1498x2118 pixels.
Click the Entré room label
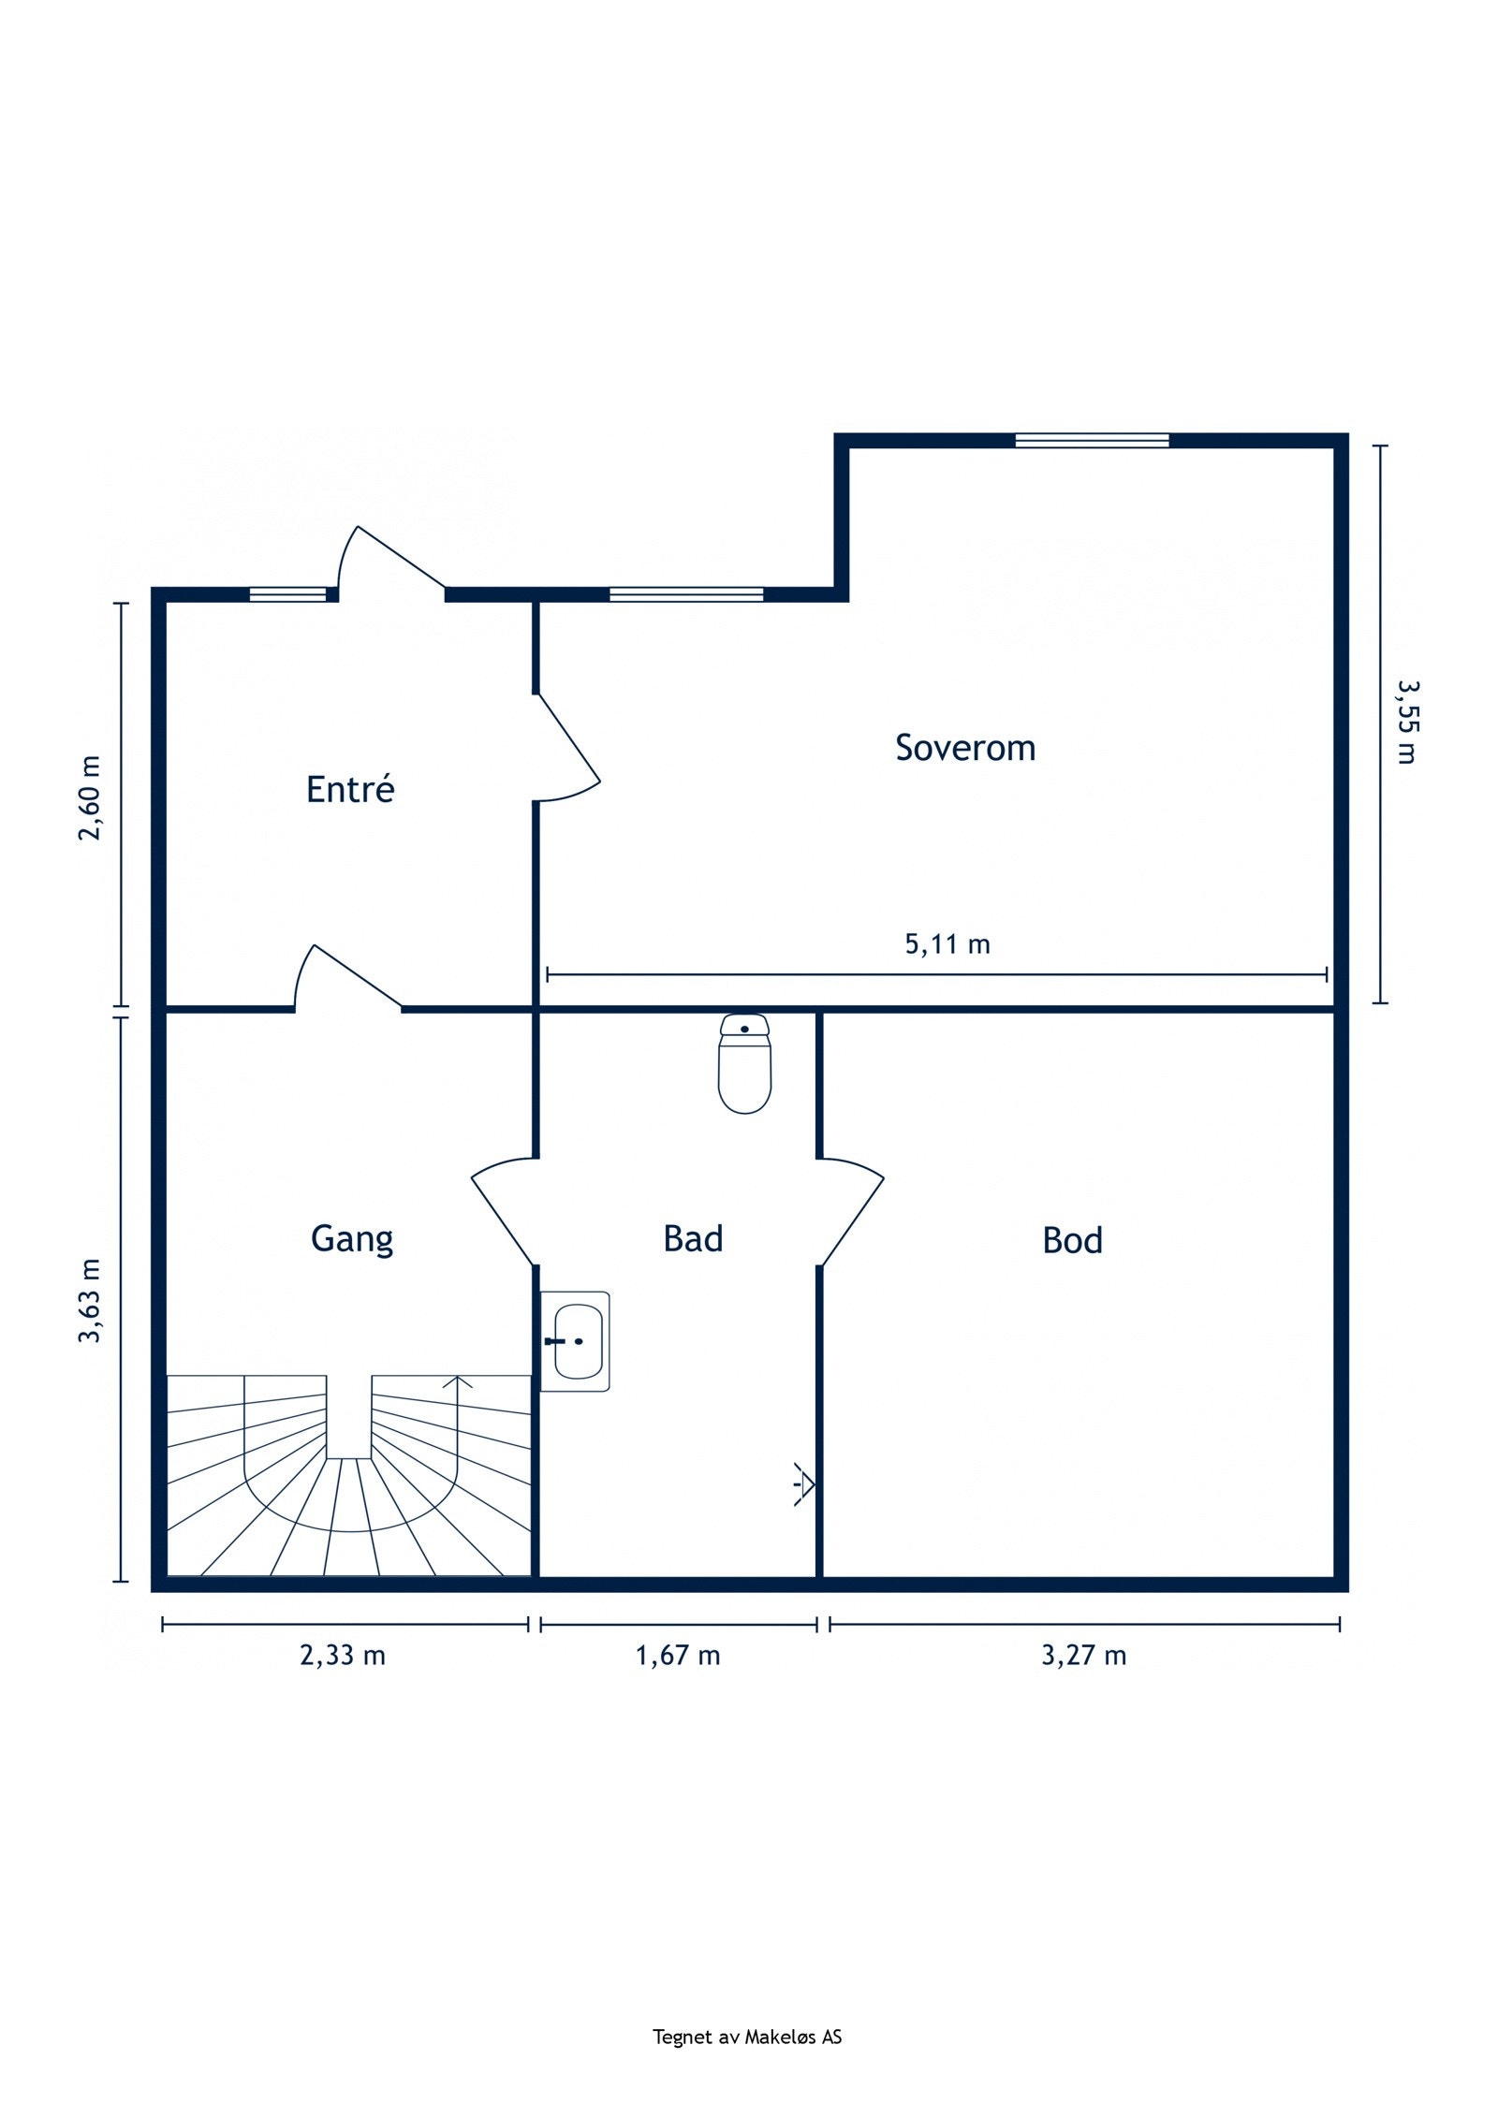point(350,788)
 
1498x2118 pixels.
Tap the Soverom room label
point(965,748)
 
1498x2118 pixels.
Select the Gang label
point(352,1239)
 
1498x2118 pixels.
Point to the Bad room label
point(693,1238)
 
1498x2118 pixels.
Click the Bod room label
point(1072,1240)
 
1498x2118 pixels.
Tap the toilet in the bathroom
point(744,1063)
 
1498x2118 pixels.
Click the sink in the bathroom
point(576,1341)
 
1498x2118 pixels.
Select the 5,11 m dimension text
point(947,944)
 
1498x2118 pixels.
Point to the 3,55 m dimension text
point(1405,721)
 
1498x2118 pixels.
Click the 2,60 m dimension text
point(89,798)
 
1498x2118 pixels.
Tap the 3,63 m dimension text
point(89,1301)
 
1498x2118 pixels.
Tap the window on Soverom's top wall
point(1092,440)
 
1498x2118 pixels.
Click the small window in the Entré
point(287,593)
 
